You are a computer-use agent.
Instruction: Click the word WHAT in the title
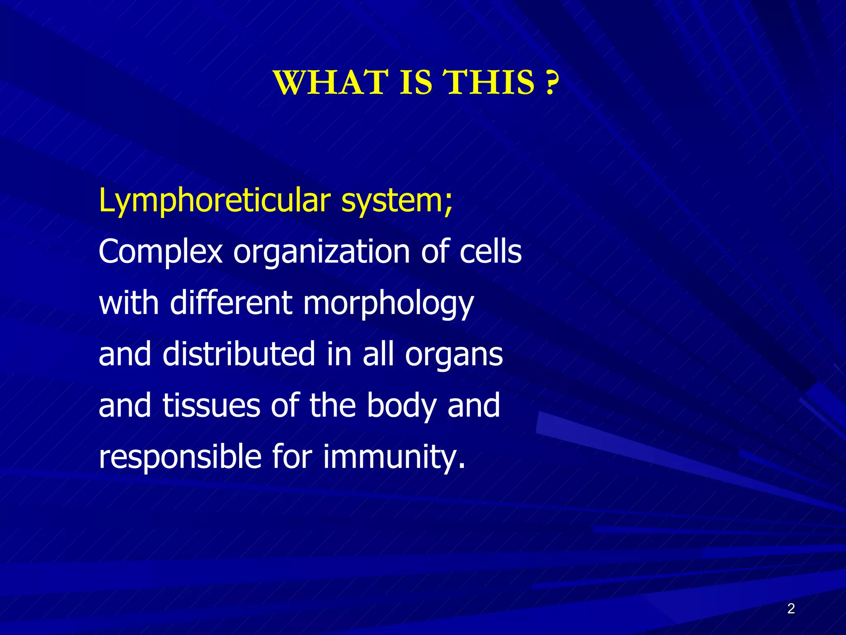point(331,82)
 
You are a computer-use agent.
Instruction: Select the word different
point(231,303)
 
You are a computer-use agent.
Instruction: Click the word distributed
point(239,354)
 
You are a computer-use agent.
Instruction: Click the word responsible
point(180,456)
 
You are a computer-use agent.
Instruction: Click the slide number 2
point(791,609)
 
